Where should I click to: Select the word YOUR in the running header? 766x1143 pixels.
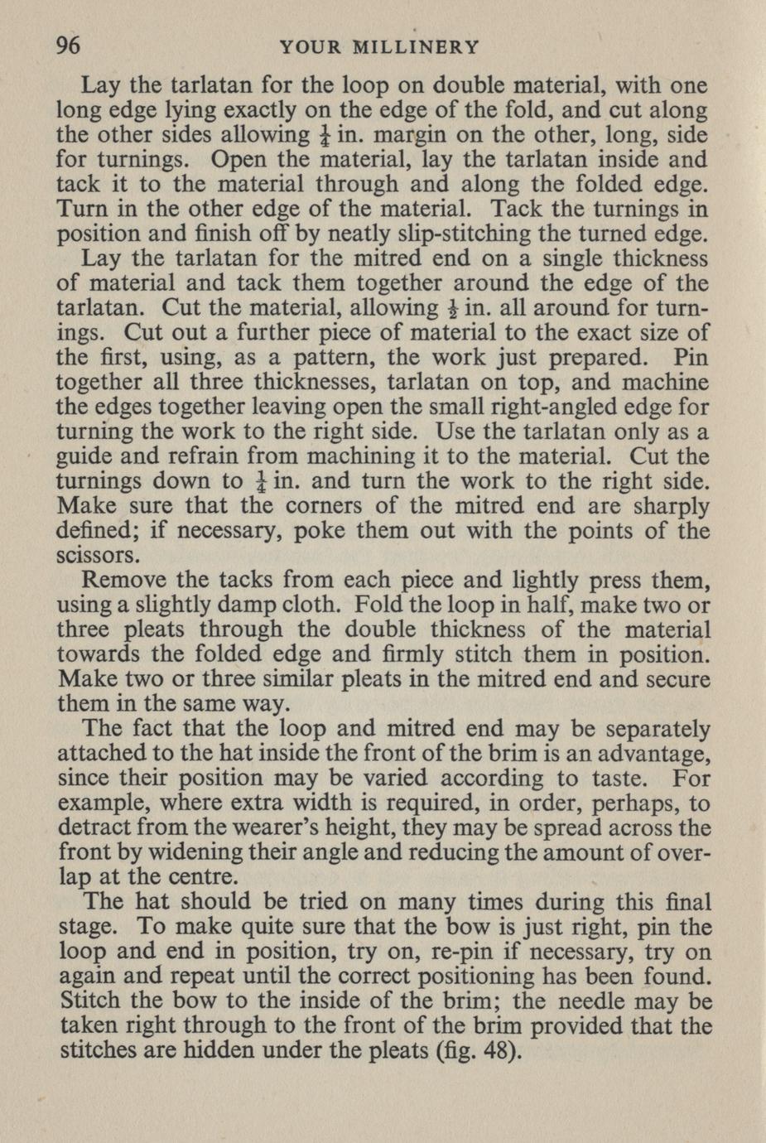point(311,47)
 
